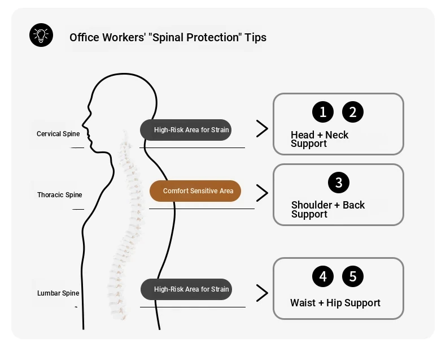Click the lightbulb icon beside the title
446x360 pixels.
click(41, 35)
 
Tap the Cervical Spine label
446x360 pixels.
click(58, 134)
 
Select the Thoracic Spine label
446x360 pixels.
click(60, 195)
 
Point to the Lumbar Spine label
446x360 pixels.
click(58, 293)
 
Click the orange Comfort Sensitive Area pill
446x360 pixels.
click(195, 191)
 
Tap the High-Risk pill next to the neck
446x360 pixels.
click(186, 130)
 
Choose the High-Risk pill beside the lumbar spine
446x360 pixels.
click(186, 289)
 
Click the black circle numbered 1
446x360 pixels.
click(323, 112)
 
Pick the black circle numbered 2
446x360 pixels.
click(353, 112)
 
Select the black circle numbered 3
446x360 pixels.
click(339, 183)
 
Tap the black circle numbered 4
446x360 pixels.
click(323, 276)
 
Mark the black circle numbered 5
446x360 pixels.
click(353, 276)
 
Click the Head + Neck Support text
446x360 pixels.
click(320, 139)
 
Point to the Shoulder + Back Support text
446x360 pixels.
click(328, 209)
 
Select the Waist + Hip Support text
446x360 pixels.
click(335, 303)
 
